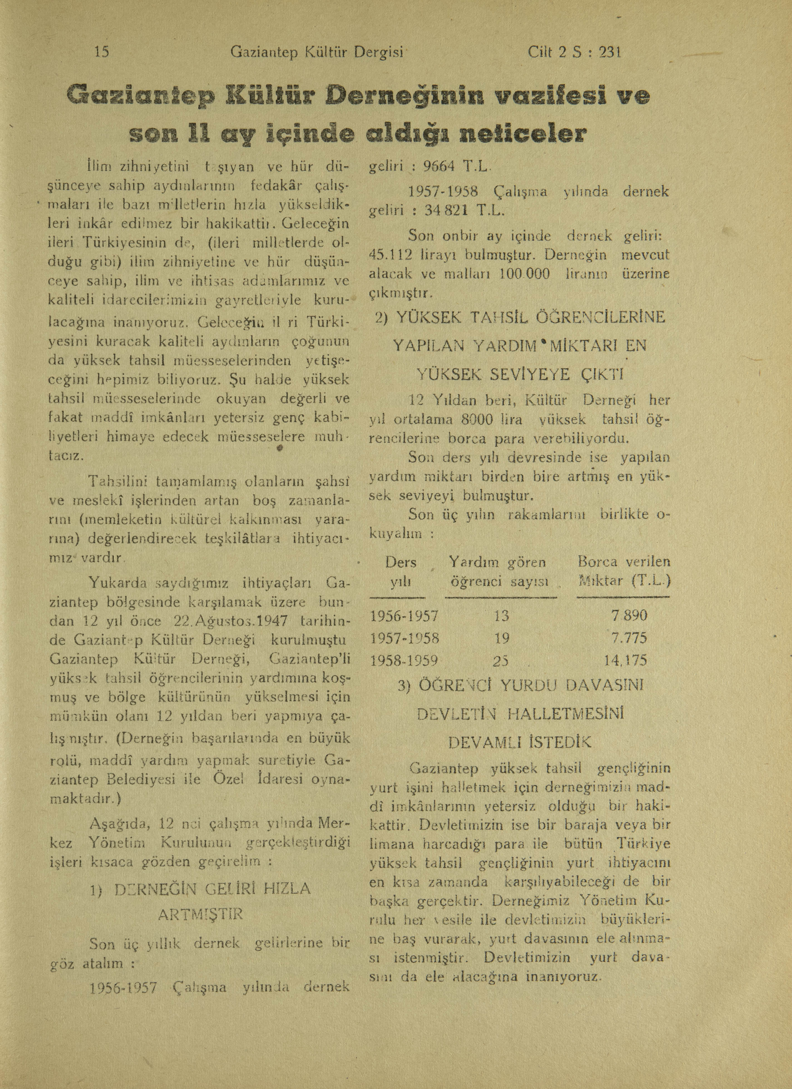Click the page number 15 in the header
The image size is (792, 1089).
(102, 52)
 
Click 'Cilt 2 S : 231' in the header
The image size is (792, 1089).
(574, 52)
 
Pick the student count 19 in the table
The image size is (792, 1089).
(501, 638)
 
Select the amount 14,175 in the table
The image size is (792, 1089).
(625, 660)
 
